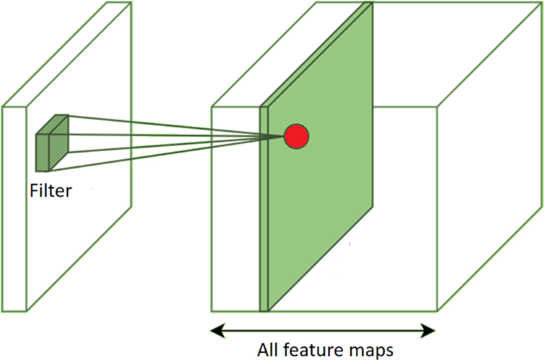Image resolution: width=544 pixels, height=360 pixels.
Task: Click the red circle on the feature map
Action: coord(296,137)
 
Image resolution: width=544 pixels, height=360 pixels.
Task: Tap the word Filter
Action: coord(50,191)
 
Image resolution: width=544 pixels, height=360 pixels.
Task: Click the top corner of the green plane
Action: coord(369,3)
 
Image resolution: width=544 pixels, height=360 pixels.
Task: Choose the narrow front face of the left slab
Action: coord(16,207)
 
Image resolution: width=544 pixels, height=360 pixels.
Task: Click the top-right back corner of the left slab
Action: coord(130,2)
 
